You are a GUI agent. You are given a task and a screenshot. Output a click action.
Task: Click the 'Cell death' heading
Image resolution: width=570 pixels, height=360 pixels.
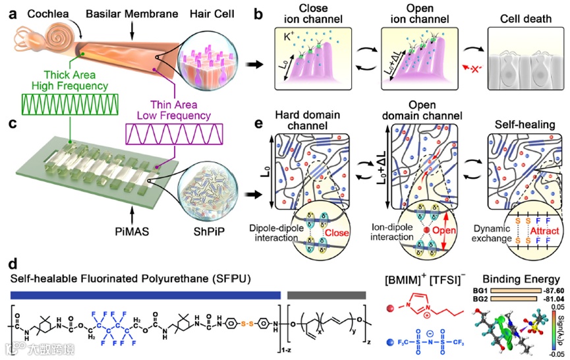[x=524, y=19]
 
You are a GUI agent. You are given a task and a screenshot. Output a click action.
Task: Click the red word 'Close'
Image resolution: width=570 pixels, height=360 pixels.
[x=337, y=236]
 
